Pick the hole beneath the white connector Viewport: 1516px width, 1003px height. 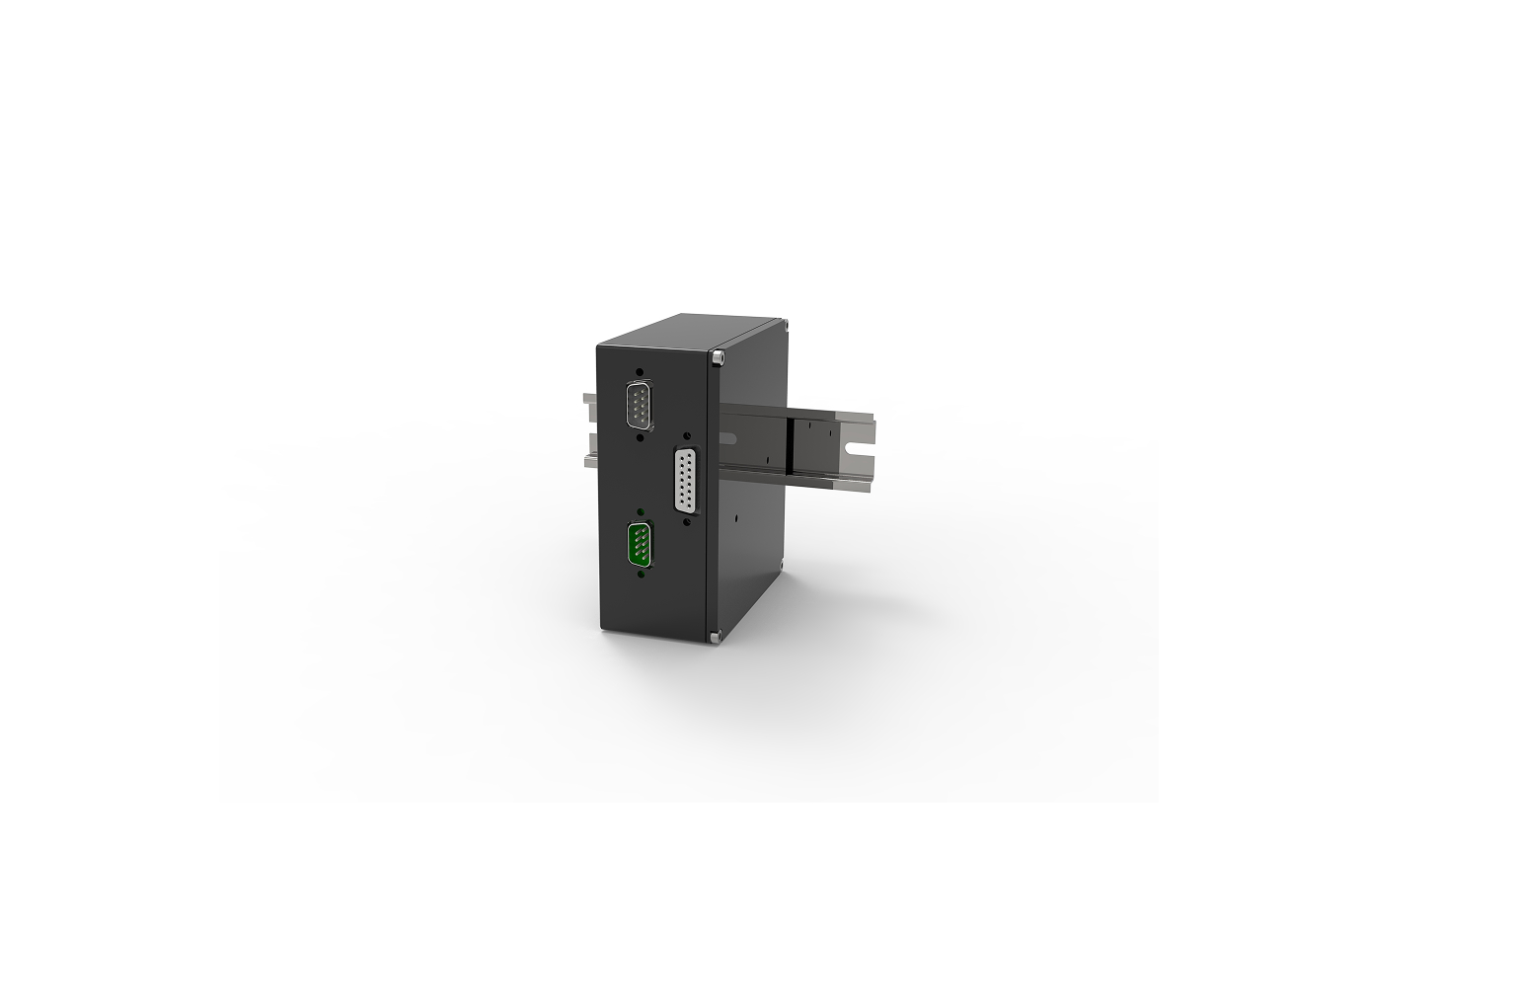coord(687,521)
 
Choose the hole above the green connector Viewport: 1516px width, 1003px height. coord(642,512)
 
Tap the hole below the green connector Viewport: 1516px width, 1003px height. coord(642,574)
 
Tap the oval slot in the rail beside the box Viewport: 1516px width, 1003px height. coord(731,436)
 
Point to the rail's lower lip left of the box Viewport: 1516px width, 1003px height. coord(589,459)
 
